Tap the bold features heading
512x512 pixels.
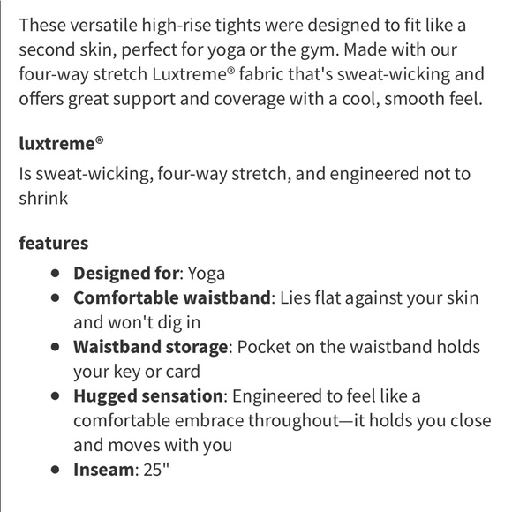coord(54,242)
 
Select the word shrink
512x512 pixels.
coord(43,198)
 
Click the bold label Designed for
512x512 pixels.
coord(127,274)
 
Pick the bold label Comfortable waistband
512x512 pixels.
coord(171,297)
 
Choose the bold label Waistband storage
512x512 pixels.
coord(151,347)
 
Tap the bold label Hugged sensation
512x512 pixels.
coord(148,395)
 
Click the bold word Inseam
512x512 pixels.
coord(102,470)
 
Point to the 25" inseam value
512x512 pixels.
coord(154,470)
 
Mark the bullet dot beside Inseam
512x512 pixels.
coord(56,470)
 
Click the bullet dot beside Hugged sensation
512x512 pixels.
coord(56,395)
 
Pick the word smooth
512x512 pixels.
coord(391,99)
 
